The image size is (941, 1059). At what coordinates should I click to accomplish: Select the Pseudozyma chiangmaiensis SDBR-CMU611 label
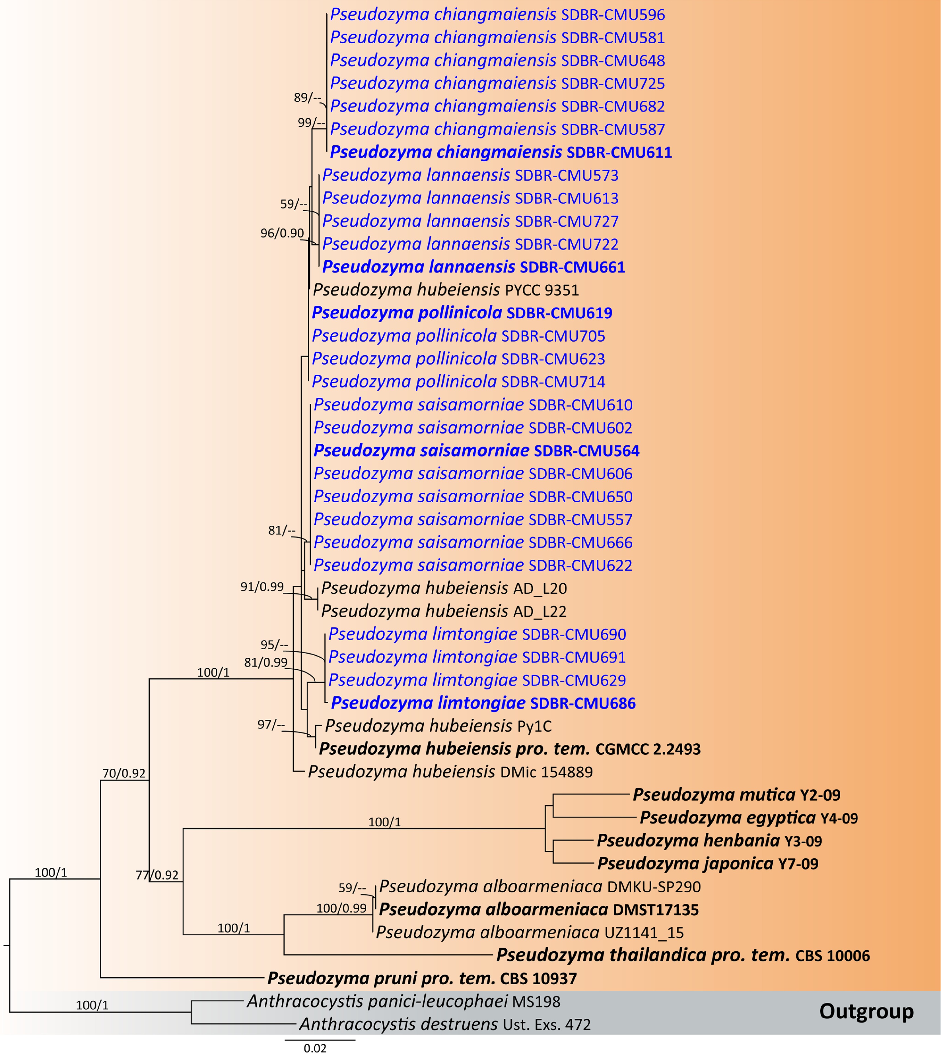pos(501,152)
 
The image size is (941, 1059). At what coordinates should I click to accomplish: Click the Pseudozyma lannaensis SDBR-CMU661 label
pos(473,267)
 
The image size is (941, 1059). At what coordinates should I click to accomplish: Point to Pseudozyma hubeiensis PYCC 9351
pos(446,290)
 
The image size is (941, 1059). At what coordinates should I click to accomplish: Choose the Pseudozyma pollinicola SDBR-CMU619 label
pos(462,313)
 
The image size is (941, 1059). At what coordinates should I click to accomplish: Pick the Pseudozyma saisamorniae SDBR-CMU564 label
pos(476,451)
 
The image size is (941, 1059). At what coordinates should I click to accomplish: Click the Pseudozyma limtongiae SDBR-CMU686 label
pos(483,703)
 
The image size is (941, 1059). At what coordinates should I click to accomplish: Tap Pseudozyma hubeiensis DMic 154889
pos(450,772)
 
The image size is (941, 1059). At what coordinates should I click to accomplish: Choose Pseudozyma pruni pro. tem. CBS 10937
pos(422,978)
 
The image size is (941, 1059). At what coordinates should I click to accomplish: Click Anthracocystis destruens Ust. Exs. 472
pos(444,1024)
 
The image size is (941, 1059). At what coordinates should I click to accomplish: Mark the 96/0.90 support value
pos(282,234)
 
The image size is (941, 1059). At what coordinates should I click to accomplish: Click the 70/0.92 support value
pos(124,773)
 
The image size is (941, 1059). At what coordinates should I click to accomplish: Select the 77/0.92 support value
pos(157,875)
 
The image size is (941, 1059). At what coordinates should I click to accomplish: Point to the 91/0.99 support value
pos(262,587)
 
